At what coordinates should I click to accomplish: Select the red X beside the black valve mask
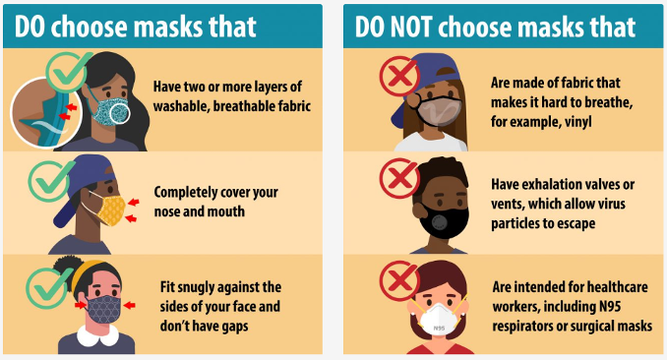[x=398, y=179]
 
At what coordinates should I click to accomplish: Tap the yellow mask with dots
[x=113, y=209]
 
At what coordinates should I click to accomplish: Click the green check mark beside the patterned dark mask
[x=46, y=282]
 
